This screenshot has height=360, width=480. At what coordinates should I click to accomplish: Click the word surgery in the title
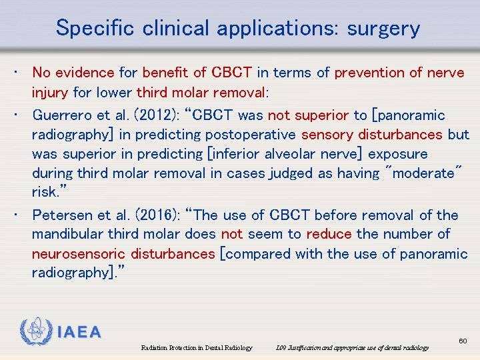[x=387, y=28]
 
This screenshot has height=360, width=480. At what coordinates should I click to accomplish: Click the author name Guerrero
[x=61, y=115]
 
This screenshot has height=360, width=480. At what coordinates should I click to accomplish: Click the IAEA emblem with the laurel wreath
[x=35, y=331]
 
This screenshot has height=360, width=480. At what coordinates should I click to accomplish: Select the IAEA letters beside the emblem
[x=79, y=332]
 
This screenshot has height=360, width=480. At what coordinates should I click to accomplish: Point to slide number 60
[x=463, y=341]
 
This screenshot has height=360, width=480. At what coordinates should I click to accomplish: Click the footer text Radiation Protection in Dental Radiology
[x=197, y=348]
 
